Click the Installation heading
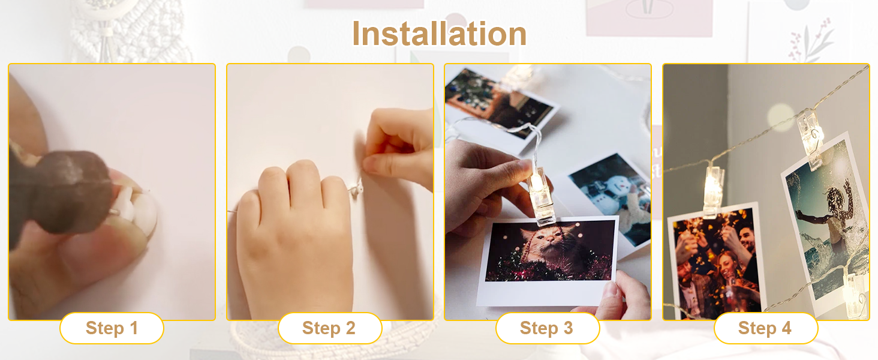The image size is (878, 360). (x=439, y=34)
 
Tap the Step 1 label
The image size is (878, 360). (x=112, y=328)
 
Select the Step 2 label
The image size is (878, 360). (x=330, y=328)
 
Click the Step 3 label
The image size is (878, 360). (x=547, y=328)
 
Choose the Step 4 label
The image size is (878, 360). (x=765, y=328)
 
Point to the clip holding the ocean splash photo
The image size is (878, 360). (x=811, y=139)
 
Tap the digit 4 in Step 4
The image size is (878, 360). (x=786, y=328)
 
